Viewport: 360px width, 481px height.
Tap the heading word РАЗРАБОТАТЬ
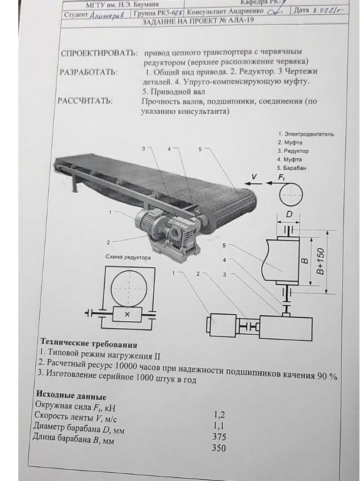pos(88,73)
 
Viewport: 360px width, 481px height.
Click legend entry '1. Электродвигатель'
pos(306,134)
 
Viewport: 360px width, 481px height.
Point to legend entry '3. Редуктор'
pos(293,151)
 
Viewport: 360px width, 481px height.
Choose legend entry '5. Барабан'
pos(292,167)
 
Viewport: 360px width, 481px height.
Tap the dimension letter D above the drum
pos(289,212)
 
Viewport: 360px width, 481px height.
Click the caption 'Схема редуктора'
pos(128,257)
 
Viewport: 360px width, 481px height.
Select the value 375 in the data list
pos(219,436)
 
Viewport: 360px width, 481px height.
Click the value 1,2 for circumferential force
pos(219,414)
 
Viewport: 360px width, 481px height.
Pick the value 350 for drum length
pos(219,448)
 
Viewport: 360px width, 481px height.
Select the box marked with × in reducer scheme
pos(128,314)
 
